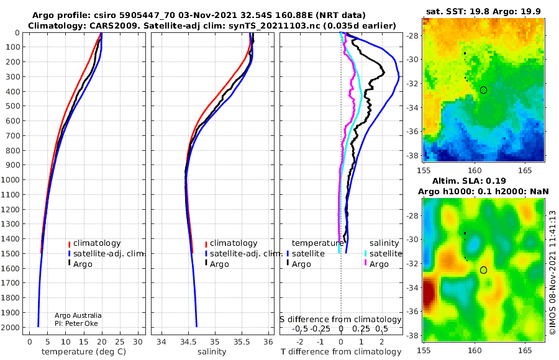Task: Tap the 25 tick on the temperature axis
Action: click(120, 342)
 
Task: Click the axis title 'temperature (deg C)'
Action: click(84, 352)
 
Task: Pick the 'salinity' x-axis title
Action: click(212, 352)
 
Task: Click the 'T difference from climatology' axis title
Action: click(341, 352)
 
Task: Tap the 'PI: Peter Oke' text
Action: click(76, 323)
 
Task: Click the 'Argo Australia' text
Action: click(78, 315)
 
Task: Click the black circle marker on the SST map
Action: click(483, 90)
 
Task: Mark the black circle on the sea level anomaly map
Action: click(483, 270)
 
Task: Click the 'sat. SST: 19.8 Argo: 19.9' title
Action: click(483, 11)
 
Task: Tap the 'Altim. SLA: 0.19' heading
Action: click(469, 181)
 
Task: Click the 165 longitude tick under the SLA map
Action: click(525, 350)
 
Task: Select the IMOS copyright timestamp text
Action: click(553, 272)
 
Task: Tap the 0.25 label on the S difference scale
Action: click(361, 328)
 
